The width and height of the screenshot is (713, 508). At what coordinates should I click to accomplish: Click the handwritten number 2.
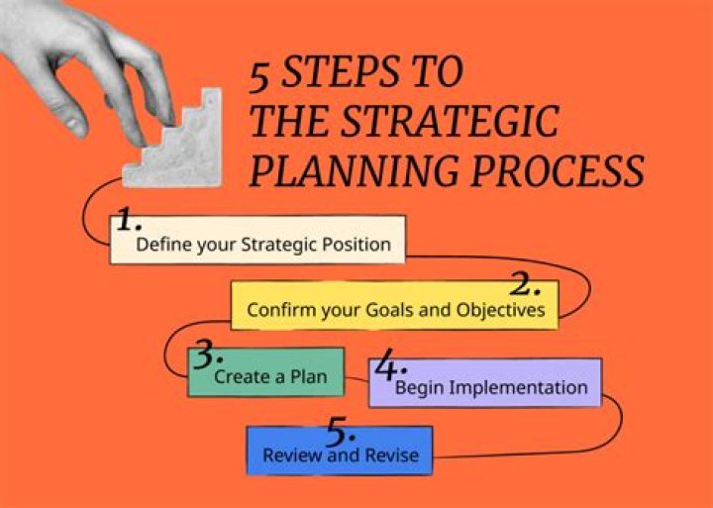pyautogui.click(x=524, y=286)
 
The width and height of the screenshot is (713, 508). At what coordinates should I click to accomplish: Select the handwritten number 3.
pyautogui.click(x=207, y=353)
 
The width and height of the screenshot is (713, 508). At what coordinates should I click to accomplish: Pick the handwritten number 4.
pyautogui.click(x=386, y=367)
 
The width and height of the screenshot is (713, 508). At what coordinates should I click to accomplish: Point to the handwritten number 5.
pyautogui.click(x=340, y=433)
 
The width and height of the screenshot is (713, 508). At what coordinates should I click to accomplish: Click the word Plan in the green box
pyautogui.click(x=308, y=376)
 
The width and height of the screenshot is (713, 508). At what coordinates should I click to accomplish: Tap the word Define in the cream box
pyautogui.click(x=163, y=244)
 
